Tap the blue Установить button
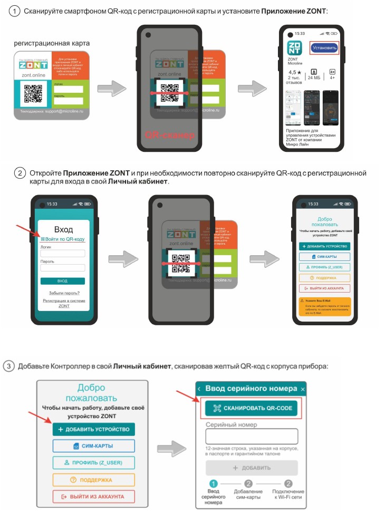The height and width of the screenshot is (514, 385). (324, 47)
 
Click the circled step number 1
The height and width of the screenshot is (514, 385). (16, 12)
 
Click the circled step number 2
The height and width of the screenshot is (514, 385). (20, 173)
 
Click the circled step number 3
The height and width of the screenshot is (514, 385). (10, 365)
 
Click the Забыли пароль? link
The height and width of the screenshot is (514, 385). (64, 293)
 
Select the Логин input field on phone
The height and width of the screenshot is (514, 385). (63, 254)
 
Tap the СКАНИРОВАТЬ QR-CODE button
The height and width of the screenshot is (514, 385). (252, 409)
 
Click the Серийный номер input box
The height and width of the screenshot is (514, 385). (252, 436)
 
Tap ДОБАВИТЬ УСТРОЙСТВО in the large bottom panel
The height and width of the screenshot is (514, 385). (94, 429)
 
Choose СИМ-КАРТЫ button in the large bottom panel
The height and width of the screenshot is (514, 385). (94, 446)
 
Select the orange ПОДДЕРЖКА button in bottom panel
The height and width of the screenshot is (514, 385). (94, 480)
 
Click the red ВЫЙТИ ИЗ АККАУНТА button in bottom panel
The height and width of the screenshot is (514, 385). (94, 497)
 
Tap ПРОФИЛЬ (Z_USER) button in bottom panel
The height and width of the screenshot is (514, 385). (94, 463)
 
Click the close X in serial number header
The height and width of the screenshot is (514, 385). (303, 389)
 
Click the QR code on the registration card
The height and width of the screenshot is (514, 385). (33, 94)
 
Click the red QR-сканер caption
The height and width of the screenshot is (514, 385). (170, 135)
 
